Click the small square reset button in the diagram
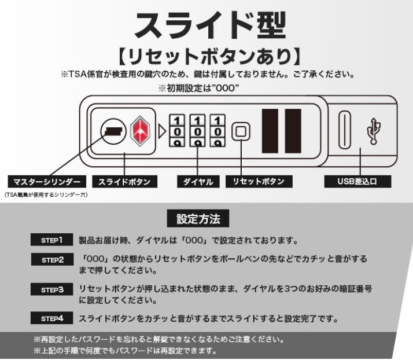pos(239,133)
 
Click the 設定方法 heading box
pos(198,219)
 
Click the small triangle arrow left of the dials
pos(162,132)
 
